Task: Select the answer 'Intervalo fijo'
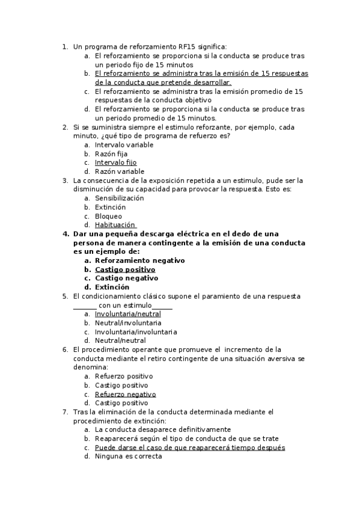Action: tap(115, 162)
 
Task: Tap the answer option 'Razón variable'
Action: tap(120, 171)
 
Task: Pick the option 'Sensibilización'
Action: tap(120, 198)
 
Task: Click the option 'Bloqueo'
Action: tap(108, 216)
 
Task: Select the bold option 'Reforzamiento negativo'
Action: tap(139, 260)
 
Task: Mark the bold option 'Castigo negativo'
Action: tap(126, 278)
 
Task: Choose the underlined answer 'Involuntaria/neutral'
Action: tap(127, 314)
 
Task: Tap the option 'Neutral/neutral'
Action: tap(120, 340)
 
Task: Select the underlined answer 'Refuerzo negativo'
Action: tap(125, 394)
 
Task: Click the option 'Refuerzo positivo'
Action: tap(124, 376)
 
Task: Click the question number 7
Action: tap(65, 412)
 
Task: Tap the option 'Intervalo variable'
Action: tap(124, 145)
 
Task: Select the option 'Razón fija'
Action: tap(111, 154)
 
